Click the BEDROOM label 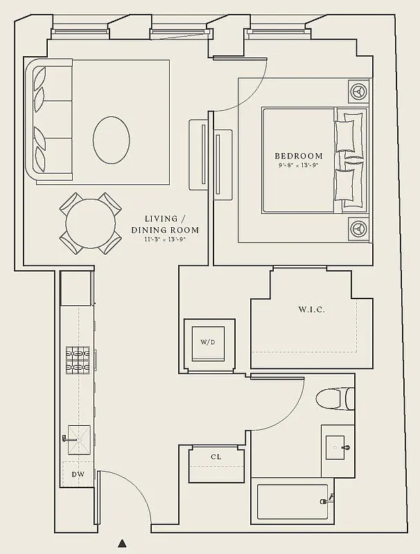(x=299, y=156)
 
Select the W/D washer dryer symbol (x=208, y=342)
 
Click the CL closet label (x=216, y=458)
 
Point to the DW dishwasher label (x=78, y=474)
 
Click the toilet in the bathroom (x=335, y=398)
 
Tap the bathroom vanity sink (x=339, y=447)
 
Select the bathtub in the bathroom (x=292, y=501)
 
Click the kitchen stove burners (x=78, y=361)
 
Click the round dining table (x=91, y=222)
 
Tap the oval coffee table (x=111, y=139)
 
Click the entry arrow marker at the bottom (x=122, y=544)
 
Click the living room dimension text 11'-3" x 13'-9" (x=165, y=240)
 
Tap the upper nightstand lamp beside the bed (x=358, y=91)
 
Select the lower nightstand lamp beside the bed (x=358, y=226)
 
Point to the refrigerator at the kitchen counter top (x=76, y=288)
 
